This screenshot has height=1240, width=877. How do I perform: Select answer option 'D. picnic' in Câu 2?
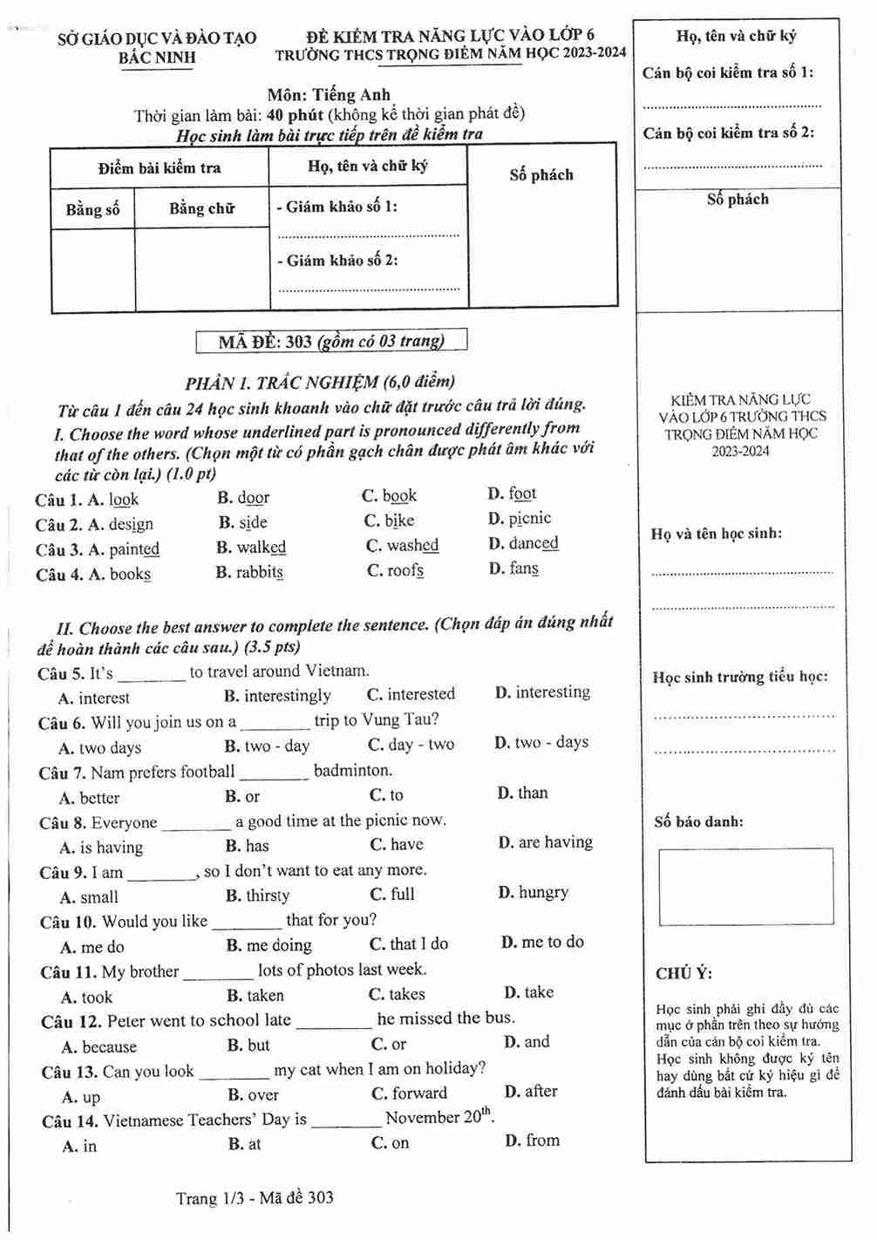pos(520,519)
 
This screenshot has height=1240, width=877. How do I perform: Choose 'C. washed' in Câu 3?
pos(402,546)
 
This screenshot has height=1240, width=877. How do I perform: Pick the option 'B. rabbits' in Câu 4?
pos(249,573)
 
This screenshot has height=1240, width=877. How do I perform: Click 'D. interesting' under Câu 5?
pos(542,692)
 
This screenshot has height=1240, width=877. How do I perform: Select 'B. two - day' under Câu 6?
pos(267,746)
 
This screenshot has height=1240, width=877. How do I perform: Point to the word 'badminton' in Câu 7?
pos(352,771)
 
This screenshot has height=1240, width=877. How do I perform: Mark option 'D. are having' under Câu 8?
pos(545,842)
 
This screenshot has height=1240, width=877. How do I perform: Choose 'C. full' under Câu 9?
pos(392,895)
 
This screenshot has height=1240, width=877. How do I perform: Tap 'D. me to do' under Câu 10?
pos(542,943)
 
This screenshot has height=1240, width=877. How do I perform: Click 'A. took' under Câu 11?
pos(87,998)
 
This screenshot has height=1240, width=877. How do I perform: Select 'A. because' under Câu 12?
pos(99,1047)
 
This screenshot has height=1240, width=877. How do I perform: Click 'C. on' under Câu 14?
pos(390,1143)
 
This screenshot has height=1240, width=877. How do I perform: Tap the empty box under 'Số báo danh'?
pos(745,886)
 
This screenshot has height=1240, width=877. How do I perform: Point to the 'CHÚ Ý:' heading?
pos(683,974)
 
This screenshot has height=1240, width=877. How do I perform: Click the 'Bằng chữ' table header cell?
pos(201,208)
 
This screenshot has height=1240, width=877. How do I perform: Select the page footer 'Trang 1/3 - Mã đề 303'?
pos(255,1198)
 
